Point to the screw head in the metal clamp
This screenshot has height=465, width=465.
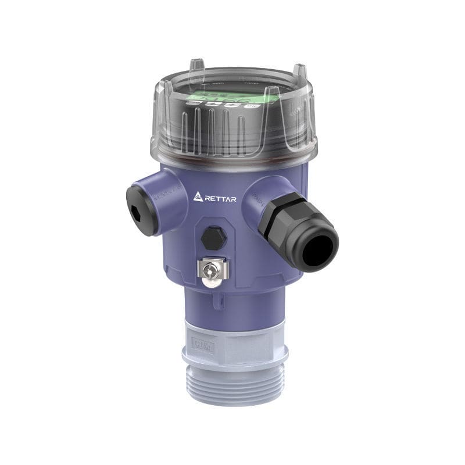point(212,269)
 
